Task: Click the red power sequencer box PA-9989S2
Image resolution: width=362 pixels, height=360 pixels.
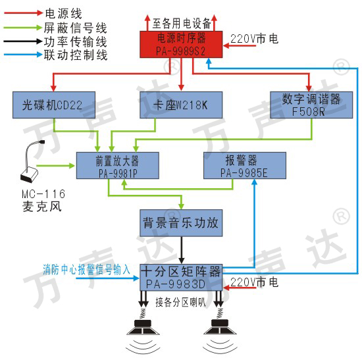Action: (181, 45)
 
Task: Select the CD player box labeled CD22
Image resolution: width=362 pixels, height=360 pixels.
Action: (54, 105)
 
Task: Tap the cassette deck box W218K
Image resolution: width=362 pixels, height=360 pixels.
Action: (181, 105)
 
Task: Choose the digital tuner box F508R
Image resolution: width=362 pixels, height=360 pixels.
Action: (311, 105)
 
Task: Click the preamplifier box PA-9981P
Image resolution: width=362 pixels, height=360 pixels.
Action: (118, 166)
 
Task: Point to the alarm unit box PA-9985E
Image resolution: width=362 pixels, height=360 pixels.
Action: (245, 166)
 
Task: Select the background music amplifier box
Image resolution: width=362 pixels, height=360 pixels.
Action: (181, 223)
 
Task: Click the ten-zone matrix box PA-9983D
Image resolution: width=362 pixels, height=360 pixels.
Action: (181, 277)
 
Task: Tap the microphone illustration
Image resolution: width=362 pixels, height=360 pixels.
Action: (31, 161)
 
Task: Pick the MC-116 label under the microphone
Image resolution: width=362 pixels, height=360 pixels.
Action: (43, 193)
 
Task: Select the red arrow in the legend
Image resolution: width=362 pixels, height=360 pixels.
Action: (24, 13)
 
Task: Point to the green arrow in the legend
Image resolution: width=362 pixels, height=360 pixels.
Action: (23, 28)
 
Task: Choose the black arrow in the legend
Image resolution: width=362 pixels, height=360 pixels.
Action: (23, 41)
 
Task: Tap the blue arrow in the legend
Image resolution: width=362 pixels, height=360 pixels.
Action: (23, 55)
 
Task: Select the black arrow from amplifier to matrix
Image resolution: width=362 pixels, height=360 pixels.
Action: (182, 250)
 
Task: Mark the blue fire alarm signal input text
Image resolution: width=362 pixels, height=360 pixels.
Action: (87, 269)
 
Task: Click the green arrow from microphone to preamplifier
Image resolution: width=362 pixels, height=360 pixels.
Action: (55, 166)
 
